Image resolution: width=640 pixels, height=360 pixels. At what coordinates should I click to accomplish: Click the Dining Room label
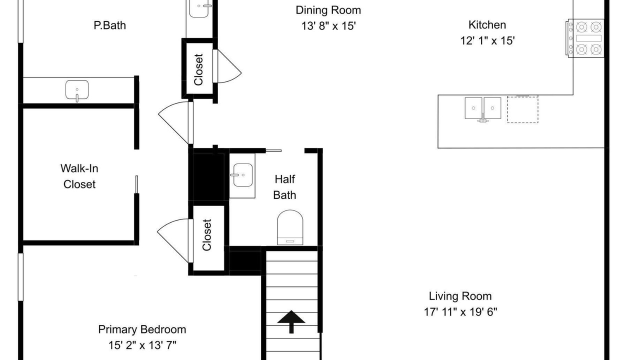[328, 10]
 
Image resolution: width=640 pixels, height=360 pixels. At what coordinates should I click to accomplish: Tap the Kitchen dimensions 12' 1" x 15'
[487, 40]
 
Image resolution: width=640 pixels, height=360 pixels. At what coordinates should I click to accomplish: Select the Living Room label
[460, 296]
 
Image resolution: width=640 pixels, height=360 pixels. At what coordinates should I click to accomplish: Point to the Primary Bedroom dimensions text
[142, 345]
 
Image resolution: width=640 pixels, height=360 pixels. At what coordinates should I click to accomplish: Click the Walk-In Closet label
[79, 176]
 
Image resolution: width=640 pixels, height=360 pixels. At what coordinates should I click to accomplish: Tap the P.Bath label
[109, 25]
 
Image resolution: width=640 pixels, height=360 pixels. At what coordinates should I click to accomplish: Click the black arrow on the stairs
[291, 321]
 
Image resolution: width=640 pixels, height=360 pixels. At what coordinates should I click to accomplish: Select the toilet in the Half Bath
[290, 227]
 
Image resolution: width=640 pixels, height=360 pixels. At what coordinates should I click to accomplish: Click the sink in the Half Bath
[242, 175]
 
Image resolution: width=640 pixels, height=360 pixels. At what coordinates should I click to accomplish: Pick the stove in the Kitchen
[585, 38]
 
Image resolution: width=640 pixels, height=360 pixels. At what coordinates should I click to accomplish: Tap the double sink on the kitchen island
[483, 108]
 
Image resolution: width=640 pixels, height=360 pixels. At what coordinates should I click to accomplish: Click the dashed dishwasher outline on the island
[522, 109]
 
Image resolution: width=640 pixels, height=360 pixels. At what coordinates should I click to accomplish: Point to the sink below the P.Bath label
[77, 90]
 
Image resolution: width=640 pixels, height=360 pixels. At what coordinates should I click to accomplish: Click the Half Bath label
[285, 187]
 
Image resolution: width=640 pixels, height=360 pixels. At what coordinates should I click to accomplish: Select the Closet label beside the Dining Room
[198, 69]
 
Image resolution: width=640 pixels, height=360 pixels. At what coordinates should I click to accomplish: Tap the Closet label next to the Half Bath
[206, 235]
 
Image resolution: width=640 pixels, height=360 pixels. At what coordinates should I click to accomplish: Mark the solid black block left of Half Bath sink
[208, 177]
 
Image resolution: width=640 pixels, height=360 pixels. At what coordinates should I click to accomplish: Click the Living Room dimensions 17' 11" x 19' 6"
[460, 312]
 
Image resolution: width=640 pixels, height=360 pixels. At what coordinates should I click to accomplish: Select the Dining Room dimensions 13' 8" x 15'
[328, 26]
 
